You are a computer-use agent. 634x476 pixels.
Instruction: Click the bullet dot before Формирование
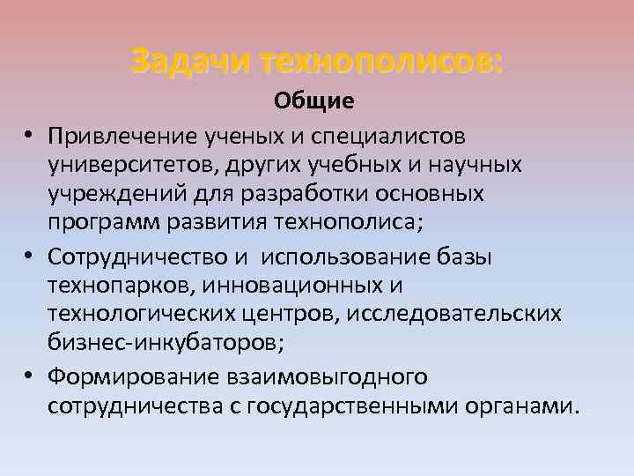tap(29, 376)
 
